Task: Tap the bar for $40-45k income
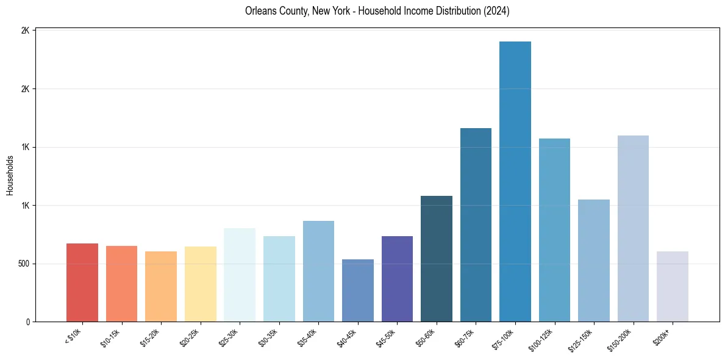pos(358,290)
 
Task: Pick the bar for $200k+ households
pos(673,286)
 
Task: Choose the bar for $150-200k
pos(633,228)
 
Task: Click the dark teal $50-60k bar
pos(437,259)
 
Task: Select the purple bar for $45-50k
pos(397,279)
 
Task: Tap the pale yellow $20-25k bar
pos(201,284)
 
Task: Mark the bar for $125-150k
pos(594,261)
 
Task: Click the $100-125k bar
pos(554,230)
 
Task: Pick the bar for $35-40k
pos(318,271)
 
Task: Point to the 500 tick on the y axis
pos(24,264)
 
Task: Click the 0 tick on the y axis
pos(28,322)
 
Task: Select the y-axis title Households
pos(10,175)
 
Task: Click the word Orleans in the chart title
pos(259,11)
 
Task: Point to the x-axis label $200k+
pos(662,337)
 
